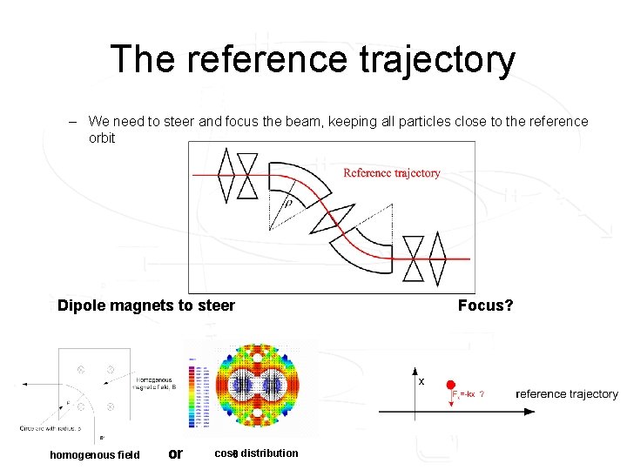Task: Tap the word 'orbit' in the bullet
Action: (102, 138)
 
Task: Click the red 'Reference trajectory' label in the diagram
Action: (391, 173)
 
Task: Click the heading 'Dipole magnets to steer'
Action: (145, 305)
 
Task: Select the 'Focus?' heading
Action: (485, 305)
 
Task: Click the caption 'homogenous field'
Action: (94, 454)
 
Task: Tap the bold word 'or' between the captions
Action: (175, 453)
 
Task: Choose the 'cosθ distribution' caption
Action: (256, 453)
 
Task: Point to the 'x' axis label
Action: (421, 381)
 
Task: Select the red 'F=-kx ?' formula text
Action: (469, 394)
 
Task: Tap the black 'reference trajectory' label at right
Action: (567, 394)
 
